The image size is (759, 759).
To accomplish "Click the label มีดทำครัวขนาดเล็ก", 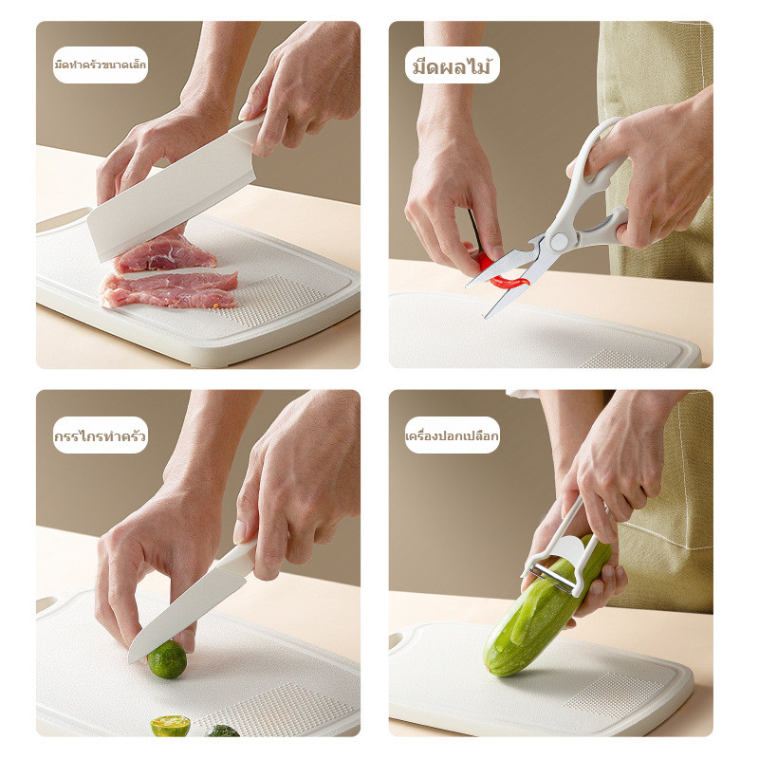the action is pos(101,65).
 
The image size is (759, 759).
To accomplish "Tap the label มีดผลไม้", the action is pos(453,65).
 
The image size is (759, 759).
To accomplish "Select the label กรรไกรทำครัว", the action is pos(101,435).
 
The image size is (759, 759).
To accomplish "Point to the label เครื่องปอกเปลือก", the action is pos(453,435).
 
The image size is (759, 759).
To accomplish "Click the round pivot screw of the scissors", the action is pos(559,241).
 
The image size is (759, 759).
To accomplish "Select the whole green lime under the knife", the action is pos(167,659).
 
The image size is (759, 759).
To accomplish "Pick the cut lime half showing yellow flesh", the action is pos(171,726).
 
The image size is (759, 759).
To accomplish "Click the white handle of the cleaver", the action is pos(248,128).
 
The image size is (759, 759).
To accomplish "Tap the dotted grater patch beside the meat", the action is pos(273,300).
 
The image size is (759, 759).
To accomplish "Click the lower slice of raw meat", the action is pos(169,289).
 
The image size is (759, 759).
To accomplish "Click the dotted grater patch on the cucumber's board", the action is pos(614,697).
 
